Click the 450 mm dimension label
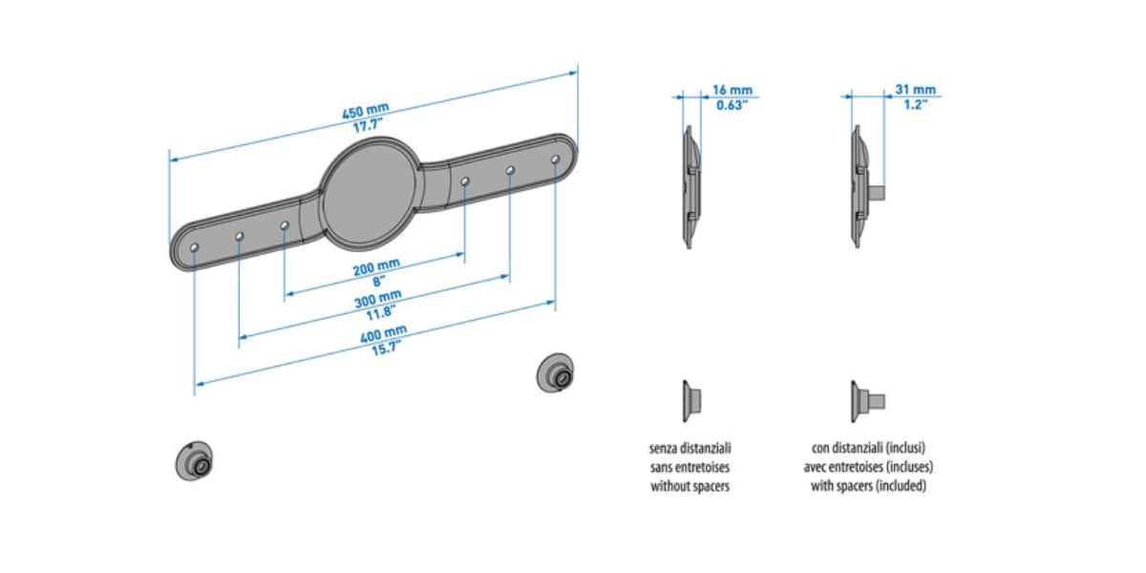[x=365, y=111]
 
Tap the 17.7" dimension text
[x=368, y=125]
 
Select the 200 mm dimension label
[x=376, y=267]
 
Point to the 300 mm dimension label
[x=378, y=298]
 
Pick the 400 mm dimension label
[x=384, y=333]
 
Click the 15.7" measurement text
[x=386, y=349]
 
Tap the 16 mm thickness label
[x=732, y=90]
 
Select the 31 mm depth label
[x=915, y=90]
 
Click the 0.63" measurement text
[x=732, y=105]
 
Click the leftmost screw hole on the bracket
[x=195, y=247]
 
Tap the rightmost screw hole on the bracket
[x=555, y=159]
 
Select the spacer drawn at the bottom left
[x=195, y=461]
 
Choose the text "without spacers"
[x=690, y=486]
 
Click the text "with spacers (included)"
[x=868, y=485]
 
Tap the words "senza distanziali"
[x=690, y=448]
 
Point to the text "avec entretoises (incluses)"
[x=868, y=467]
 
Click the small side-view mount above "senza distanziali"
[x=691, y=401]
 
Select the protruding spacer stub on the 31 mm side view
[x=878, y=193]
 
